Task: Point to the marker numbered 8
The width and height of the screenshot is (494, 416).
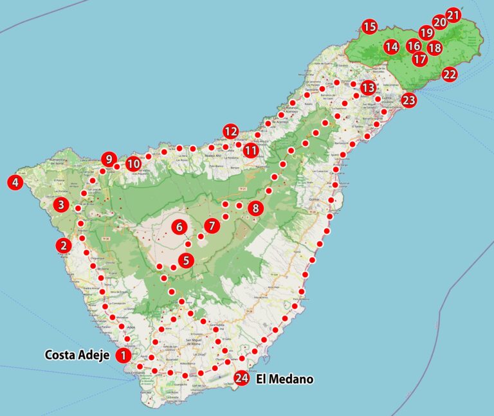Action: (x=256, y=208)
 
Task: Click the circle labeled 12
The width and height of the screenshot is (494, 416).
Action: (x=231, y=131)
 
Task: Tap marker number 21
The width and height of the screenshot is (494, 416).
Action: (x=453, y=15)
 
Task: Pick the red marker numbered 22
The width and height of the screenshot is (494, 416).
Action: (x=450, y=74)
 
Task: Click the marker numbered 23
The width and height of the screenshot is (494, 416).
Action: (x=408, y=100)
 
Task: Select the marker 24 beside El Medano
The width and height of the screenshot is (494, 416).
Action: (x=242, y=379)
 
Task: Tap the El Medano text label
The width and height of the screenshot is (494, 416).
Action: (x=284, y=379)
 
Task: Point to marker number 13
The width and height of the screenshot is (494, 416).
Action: (x=368, y=87)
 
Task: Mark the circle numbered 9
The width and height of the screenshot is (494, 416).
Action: (x=109, y=159)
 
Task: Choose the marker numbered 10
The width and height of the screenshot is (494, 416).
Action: (x=133, y=163)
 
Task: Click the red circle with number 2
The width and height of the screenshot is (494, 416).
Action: (x=63, y=245)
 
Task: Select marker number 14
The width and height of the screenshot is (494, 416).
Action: (x=392, y=47)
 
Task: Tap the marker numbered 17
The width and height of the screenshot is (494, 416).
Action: (x=420, y=59)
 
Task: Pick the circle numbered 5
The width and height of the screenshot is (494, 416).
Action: (x=186, y=260)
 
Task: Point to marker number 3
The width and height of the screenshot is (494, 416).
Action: (x=61, y=205)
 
